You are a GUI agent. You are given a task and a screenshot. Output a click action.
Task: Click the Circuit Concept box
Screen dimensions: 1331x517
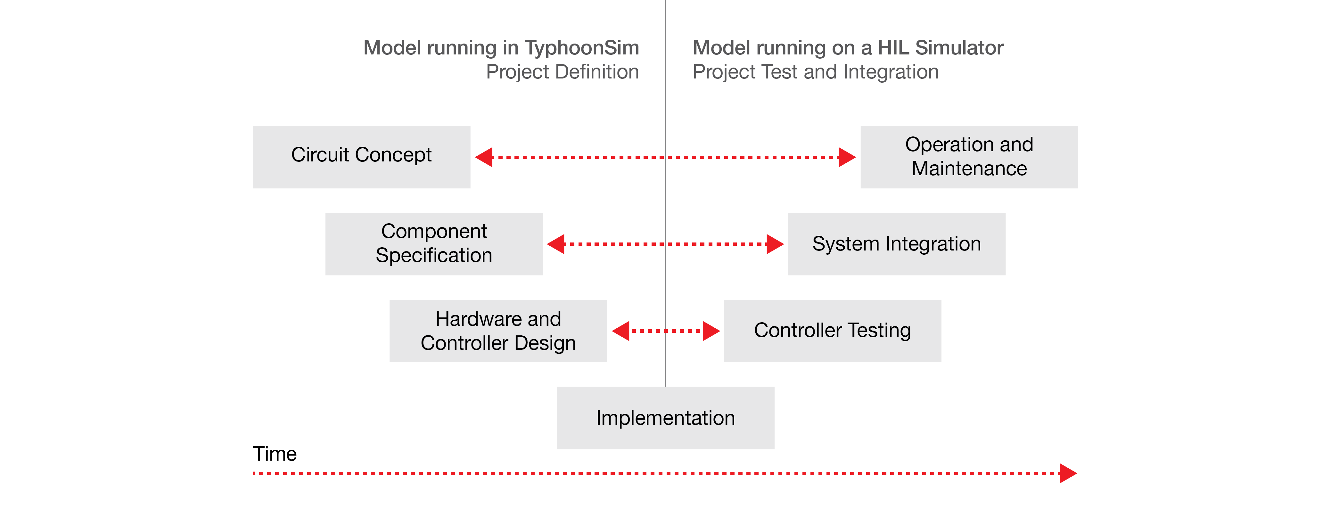click(x=362, y=157)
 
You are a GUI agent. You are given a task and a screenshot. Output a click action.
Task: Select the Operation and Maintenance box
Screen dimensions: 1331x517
click(x=969, y=157)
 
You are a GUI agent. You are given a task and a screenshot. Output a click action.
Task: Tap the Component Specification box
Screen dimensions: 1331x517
click(x=434, y=244)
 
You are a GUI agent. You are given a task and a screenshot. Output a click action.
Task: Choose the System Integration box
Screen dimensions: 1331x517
click(x=897, y=244)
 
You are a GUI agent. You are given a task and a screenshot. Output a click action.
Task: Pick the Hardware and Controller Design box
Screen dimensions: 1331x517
click(x=498, y=331)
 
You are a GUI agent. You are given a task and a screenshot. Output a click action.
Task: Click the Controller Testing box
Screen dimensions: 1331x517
click(x=832, y=331)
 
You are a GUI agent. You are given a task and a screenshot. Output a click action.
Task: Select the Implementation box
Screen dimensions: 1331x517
click(x=666, y=418)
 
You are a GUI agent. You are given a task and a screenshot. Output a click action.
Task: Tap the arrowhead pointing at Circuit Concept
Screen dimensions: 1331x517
click(x=484, y=157)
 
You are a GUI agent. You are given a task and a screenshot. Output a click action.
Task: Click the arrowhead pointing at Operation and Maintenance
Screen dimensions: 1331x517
click(x=847, y=157)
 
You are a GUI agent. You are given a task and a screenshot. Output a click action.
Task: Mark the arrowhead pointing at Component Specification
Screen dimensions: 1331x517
click(x=556, y=244)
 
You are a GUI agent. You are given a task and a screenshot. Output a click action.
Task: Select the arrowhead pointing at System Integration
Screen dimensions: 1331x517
click(x=775, y=244)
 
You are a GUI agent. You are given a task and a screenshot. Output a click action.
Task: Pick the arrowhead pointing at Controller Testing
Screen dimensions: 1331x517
click(x=711, y=331)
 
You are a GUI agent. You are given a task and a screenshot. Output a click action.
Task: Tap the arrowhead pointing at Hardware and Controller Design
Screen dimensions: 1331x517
click(x=620, y=331)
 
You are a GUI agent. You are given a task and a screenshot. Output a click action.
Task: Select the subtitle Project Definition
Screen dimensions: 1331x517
click(x=562, y=72)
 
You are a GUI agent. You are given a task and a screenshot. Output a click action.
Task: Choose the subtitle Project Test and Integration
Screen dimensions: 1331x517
click(x=815, y=72)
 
